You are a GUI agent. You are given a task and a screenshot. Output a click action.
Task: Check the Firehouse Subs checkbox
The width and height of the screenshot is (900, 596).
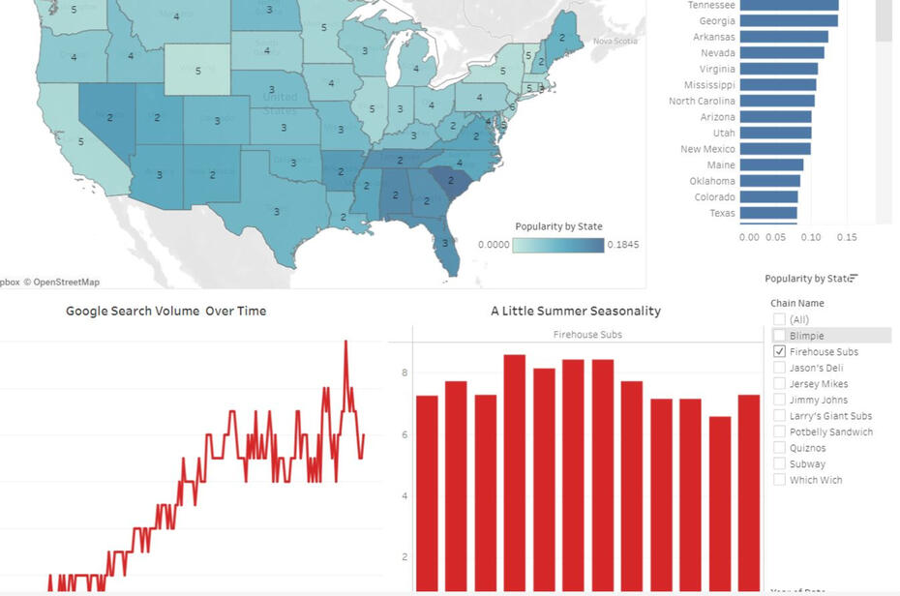[779, 352]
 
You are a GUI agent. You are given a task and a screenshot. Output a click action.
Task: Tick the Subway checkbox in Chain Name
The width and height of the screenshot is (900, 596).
[779, 464]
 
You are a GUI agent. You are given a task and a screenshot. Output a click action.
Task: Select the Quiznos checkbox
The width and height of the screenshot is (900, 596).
[779, 448]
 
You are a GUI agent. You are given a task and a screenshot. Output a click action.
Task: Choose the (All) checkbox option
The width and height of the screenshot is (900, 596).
[779, 320]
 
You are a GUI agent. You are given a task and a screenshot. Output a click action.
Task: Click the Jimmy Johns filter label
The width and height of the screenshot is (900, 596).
[818, 400]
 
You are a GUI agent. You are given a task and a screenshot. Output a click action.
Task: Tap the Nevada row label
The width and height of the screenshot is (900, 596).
[717, 53]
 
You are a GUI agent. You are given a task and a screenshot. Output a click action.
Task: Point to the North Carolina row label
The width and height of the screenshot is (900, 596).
[702, 101]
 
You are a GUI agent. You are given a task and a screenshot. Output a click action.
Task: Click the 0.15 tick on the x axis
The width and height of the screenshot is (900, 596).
[846, 236]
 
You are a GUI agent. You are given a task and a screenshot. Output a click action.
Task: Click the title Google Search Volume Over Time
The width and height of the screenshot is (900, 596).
[165, 312]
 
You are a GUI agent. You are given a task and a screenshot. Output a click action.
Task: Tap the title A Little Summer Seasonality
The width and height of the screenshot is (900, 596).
[576, 312]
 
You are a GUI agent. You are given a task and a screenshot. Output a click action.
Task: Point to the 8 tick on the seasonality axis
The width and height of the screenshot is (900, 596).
[405, 372]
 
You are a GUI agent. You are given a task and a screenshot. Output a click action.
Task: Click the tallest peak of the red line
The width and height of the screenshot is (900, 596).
[345, 342]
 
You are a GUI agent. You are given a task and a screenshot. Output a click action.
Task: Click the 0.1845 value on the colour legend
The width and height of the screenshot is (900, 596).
[622, 245]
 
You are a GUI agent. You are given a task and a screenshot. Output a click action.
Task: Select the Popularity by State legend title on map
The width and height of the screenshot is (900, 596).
[558, 226]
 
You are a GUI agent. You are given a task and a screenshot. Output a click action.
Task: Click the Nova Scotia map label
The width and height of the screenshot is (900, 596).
[615, 41]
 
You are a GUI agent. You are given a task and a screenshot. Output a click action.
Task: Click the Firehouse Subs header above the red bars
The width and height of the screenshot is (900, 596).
[587, 335]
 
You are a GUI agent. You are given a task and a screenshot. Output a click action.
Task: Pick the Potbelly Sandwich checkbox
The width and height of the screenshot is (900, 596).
[779, 432]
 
